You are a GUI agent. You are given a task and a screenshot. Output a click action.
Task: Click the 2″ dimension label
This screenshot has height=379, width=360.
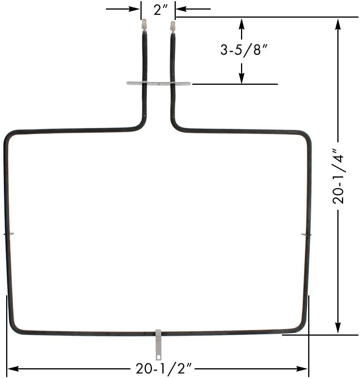[x=159, y=10]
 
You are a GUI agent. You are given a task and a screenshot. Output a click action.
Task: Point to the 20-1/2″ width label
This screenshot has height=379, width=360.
[x=163, y=369]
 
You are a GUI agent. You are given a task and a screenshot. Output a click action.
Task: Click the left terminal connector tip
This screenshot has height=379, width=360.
[x=144, y=25]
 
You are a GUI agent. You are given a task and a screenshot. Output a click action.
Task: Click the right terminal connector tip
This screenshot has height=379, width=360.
[x=173, y=26]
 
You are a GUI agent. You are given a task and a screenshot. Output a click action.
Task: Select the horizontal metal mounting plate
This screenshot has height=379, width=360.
[x=159, y=83]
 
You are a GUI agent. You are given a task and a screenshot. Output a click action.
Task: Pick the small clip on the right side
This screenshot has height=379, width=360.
[x=306, y=234]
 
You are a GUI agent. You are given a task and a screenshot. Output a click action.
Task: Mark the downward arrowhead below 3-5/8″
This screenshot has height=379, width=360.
[x=241, y=78]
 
